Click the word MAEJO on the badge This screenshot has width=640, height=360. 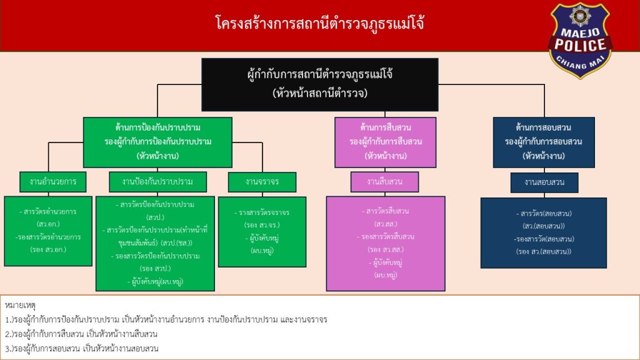pyautogui.click(x=579, y=32)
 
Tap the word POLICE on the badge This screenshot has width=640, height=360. pyautogui.click(x=580, y=45)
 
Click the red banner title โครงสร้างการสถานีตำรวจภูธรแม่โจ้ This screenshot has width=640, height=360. pyautogui.click(x=319, y=23)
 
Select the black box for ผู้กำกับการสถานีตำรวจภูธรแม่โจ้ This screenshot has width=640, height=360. pyautogui.click(x=320, y=84)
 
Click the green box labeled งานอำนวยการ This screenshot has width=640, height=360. pyautogui.click(x=53, y=182)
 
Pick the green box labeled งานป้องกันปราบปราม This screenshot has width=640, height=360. pyautogui.click(x=157, y=182)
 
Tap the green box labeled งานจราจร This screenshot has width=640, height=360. pyautogui.click(x=262, y=182)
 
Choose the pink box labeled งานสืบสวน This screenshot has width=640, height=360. pyautogui.click(x=384, y=182)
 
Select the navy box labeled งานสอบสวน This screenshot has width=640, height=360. pyautogui.click(x=544, y=182)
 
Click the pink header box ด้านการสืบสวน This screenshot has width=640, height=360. pyautogui.click(x=385, y=142)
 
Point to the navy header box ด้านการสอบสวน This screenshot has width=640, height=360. pyautogui.click(x=544, y=142)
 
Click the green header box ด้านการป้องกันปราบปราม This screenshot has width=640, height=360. pyautogui.click(x=157, y=142)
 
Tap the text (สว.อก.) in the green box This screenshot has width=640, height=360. pyautogui.click(x=48, y=224)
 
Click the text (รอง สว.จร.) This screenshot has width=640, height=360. pyautogui.click(x=262, y=225)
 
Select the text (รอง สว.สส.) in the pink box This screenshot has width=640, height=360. pyautogui.click(x=385, y=249)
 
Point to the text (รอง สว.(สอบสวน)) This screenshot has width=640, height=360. pyautogui.click(x=544, y=251)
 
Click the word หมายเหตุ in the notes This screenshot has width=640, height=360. pyautogui.click(x=21, y=305)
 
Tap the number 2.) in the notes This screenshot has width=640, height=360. pyautogui.click(x=9, y=334)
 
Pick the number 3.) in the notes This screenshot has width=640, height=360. pyautogui.click(x=9, y=349)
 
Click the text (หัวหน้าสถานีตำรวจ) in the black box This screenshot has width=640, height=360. pyautogui.click(x=320, y=93)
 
